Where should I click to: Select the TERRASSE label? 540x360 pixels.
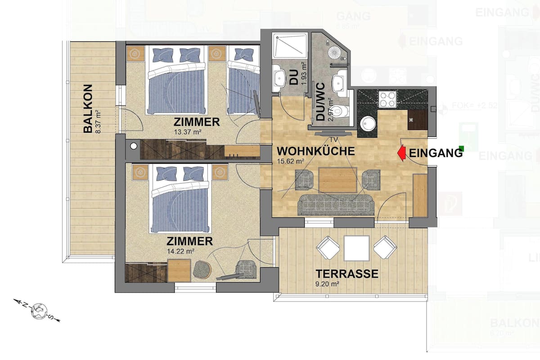346,274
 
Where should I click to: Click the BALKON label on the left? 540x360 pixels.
88,108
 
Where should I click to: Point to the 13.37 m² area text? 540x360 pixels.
187,132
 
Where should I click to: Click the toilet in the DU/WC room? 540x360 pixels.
343,112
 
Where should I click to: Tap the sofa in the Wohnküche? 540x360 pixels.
335,205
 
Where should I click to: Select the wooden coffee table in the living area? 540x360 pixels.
337,180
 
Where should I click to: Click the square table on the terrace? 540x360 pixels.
356,248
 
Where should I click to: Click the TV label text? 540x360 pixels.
333,139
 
